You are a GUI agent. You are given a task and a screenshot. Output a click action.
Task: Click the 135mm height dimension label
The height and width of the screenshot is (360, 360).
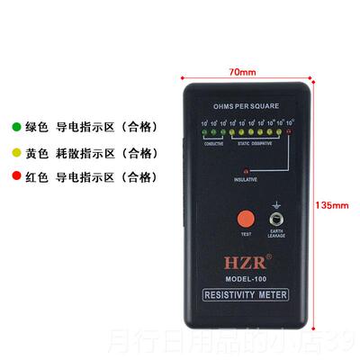(x=333, y=204)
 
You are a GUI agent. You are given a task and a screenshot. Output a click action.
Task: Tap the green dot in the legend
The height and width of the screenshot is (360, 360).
(x=15, y=127)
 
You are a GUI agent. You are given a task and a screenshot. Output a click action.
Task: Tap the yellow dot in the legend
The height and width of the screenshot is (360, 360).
(x=15, y=152)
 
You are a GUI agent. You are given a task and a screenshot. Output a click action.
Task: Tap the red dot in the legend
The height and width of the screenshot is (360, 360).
(x=15, y=177)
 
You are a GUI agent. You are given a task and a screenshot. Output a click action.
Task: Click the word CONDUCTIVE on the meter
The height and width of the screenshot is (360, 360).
(x=213, y=144)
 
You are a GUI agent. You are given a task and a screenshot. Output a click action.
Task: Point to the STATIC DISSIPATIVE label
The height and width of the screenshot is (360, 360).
(x=260, y=144)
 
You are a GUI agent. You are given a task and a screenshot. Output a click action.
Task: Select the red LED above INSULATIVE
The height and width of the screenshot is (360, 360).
(x=245, y=169)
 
